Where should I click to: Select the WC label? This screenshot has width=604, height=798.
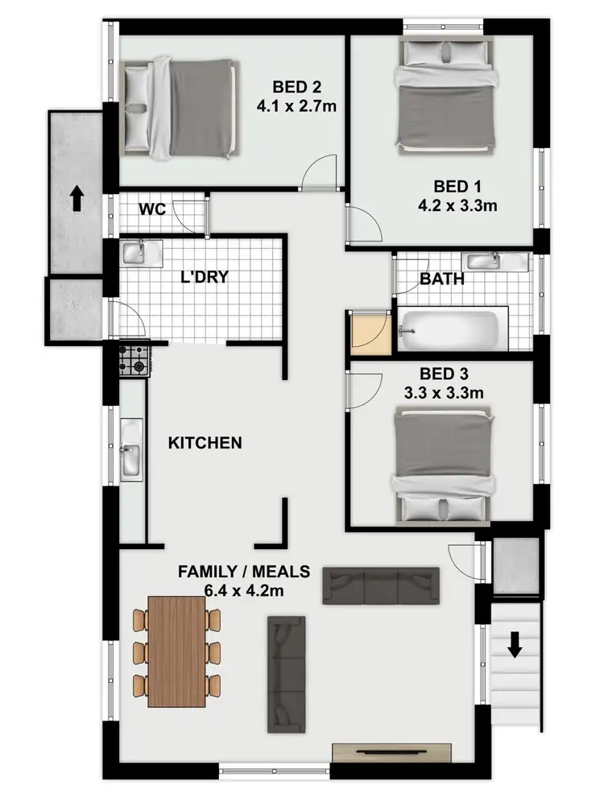pyautogui.click(x=152, y=210)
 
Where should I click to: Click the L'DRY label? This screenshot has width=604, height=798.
pyautogui.click(x=204, y=278)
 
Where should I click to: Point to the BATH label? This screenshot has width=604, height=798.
pyautogui.click(x=441, y=279)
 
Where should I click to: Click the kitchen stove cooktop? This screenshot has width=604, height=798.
pyautogui.click(x=134, y=359)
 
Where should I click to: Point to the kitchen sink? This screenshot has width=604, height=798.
pyautogui.click(x=130, y=459)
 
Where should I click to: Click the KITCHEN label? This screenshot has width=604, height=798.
pyautogui.click(x=205, y=443)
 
